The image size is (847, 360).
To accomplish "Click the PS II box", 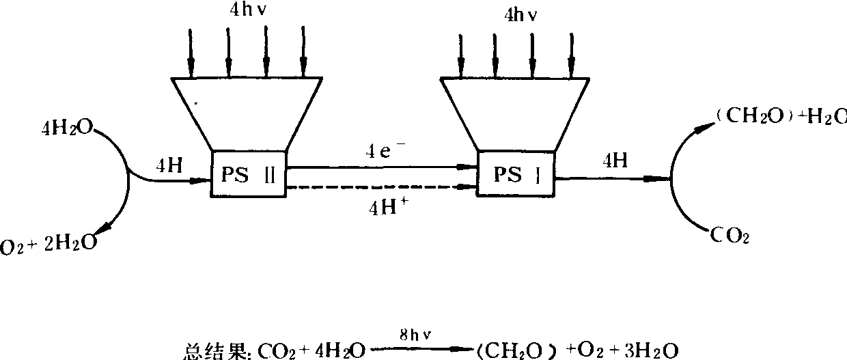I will click(248, 174).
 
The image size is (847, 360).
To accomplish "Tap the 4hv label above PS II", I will click(250, 11).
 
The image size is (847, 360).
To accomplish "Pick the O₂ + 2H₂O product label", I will click(48, 244).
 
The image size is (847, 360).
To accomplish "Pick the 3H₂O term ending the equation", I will click(653, 350).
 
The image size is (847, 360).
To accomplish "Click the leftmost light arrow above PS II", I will click(191, 52).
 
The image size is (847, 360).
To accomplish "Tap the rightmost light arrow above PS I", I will click(571, 55).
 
